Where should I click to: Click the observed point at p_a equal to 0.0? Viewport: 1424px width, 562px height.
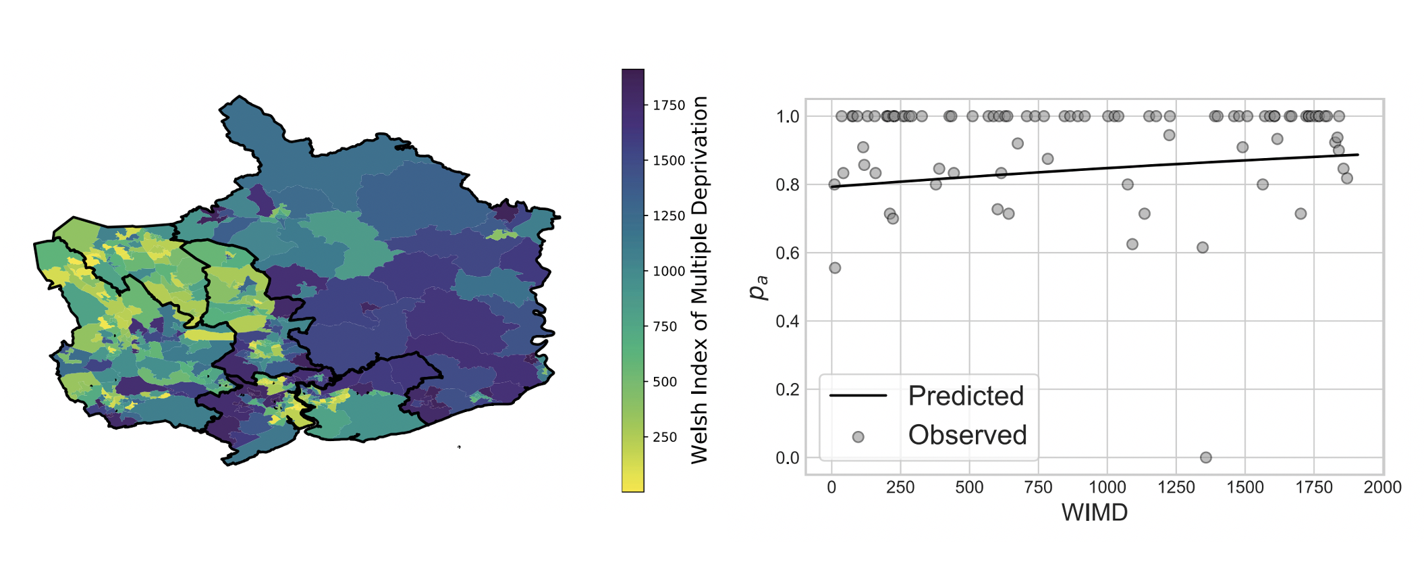(x=1205, y=457)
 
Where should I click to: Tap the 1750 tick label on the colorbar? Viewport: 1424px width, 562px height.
(x=669, y=105)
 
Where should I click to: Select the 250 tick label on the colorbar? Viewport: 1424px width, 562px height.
(x=665, y=437)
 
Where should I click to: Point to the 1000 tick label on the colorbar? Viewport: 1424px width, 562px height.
(x=669, y=271)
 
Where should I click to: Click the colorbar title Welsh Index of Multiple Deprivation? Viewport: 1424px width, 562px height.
(x=699, y=280)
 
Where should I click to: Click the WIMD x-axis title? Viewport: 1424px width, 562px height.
(x=1094, y=513)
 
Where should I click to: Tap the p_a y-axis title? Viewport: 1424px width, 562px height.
(x=759, y=287)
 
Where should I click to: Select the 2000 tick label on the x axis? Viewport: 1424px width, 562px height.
(x=1382, y=487)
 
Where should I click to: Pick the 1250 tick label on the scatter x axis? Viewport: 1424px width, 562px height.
(x=1176, y=487)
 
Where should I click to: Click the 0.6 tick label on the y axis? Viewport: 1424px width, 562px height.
(x=788, y=253)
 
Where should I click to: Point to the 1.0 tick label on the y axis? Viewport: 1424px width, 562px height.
(x=788, y=116)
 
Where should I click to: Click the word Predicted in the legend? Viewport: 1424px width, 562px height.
(x=966, y=396)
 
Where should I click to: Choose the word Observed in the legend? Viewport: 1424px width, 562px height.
(x=967, y=435)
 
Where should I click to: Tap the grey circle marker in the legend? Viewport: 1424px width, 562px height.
(x=858, y=437)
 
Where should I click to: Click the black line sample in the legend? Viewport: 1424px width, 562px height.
(x=858, y=396)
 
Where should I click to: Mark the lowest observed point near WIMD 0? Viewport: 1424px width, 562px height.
(x=835, y=268)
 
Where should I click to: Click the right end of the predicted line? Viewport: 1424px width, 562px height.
(x=1357, y=155)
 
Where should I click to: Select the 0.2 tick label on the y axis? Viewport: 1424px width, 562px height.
(x=788, y=389)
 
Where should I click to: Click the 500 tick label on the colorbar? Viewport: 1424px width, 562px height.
(x=665, y=382)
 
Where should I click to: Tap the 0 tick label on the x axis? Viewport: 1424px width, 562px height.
(x=831, y=487)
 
